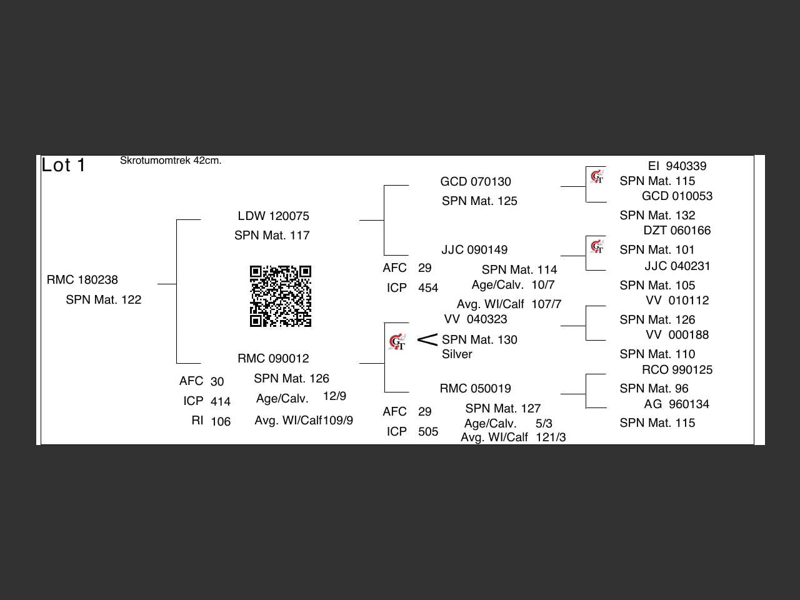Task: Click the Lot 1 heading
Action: [x=63, y=165]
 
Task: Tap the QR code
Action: [x=281, y=296]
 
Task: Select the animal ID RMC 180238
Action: [x=82, y=280]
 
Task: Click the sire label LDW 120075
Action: [x=273, y=216]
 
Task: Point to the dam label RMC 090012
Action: [x=273, y=359]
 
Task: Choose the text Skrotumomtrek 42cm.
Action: [x=171, y=161]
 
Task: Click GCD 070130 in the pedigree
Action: [x=475, y=182]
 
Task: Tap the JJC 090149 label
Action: [x=474, y=250]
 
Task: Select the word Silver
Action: [x=457, y=354]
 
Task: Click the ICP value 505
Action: [x=428, y=432]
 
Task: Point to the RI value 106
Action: [x=221, y=422]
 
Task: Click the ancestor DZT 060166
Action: [x=677, y=231]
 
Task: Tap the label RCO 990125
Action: [x=677, y=370]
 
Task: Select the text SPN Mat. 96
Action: [x=654, y=389]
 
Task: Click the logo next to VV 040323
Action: [x=397, y=342]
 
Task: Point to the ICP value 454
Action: [x=428, y=288]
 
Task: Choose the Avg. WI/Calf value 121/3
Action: [x=551, y=437]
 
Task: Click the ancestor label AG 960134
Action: [x=676, y=404]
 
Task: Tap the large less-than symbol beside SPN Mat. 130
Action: [x=427, y=340]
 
